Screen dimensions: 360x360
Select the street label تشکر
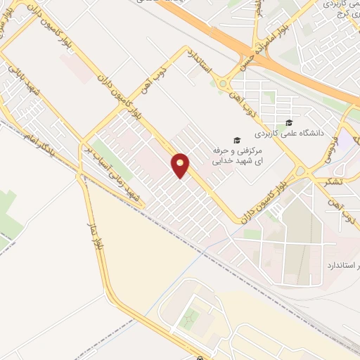[330, 181]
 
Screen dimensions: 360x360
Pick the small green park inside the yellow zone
[188, 320]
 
